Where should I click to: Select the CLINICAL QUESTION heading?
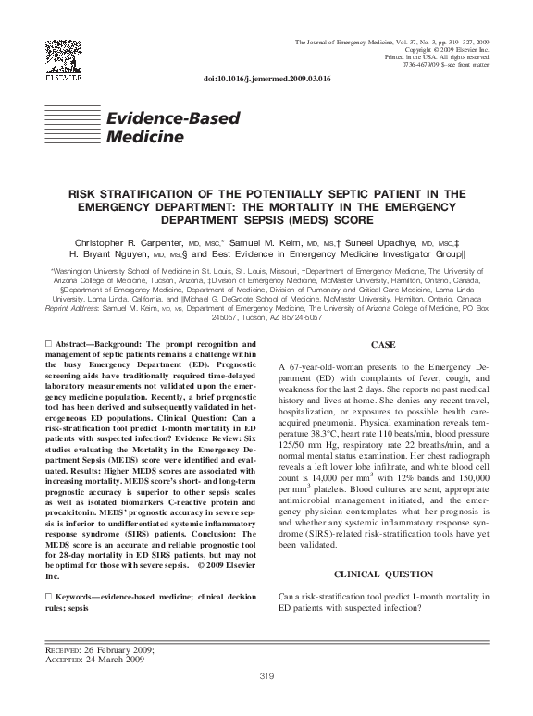(x=382, y=574)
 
